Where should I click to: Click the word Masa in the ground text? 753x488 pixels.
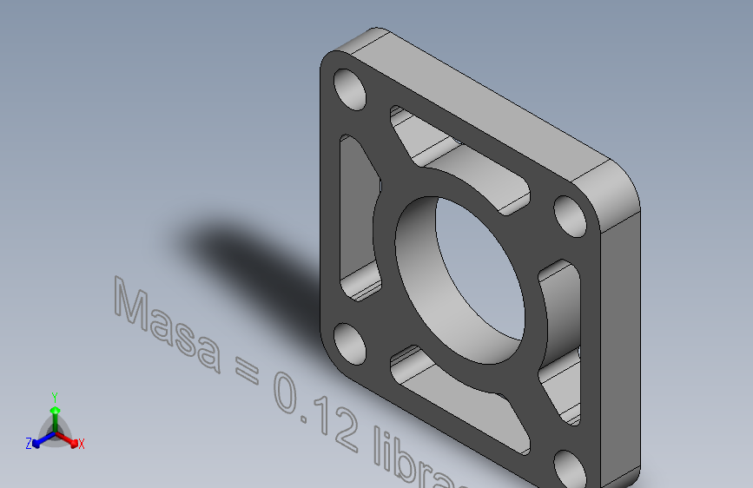pyautogui.click(x=167, y=325)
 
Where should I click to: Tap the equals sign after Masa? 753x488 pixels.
pyautogui.click(x=247, y=371)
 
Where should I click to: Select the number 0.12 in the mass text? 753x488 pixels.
pyautogui.click(x=315, y=411)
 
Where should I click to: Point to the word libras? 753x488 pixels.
pyautogui.click(x=418, y=458)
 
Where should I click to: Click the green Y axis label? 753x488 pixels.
pyautogui.click(x=55, y=397)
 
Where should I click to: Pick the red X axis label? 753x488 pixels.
pyautogui.click(x=81, y=444)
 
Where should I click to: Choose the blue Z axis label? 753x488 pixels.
pyautogui.click(x=29, y=444)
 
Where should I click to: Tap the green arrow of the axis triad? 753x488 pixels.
pyautogui.click(x=56, y=419)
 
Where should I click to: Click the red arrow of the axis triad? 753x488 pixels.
pyautogui.click(x=67, y=439)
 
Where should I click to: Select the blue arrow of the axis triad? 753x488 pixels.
pyautogui.click(x=43, y=440)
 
